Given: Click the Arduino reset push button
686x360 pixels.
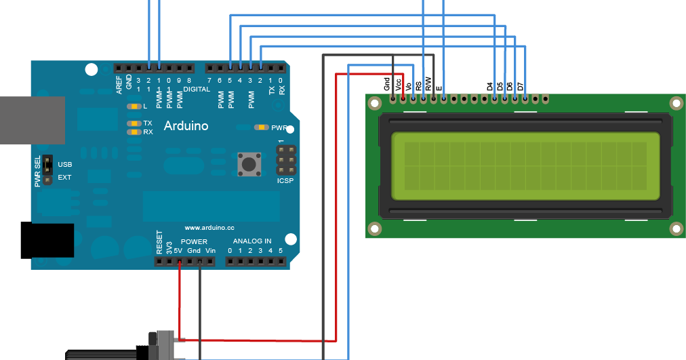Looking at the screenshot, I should [x=249, y=163].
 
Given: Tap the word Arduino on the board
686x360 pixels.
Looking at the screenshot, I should [x=186, y=126].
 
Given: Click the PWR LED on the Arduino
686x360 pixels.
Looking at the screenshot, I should [x=262, y=127].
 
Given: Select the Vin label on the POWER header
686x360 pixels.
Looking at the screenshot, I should [x=210, y=251].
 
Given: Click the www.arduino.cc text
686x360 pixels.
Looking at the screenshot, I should [x=209, y=228].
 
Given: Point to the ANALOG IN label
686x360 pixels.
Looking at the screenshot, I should [x=252, y=241].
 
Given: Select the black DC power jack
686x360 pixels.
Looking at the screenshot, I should [x=47, y=241].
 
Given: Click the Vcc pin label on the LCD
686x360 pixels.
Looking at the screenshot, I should [x=399, y=84].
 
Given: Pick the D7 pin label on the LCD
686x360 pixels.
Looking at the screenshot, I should [x=521, y=86].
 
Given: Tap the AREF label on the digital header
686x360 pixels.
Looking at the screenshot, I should [x=119, y=83].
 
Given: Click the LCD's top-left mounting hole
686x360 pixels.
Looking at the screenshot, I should [x=374, y=103].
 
